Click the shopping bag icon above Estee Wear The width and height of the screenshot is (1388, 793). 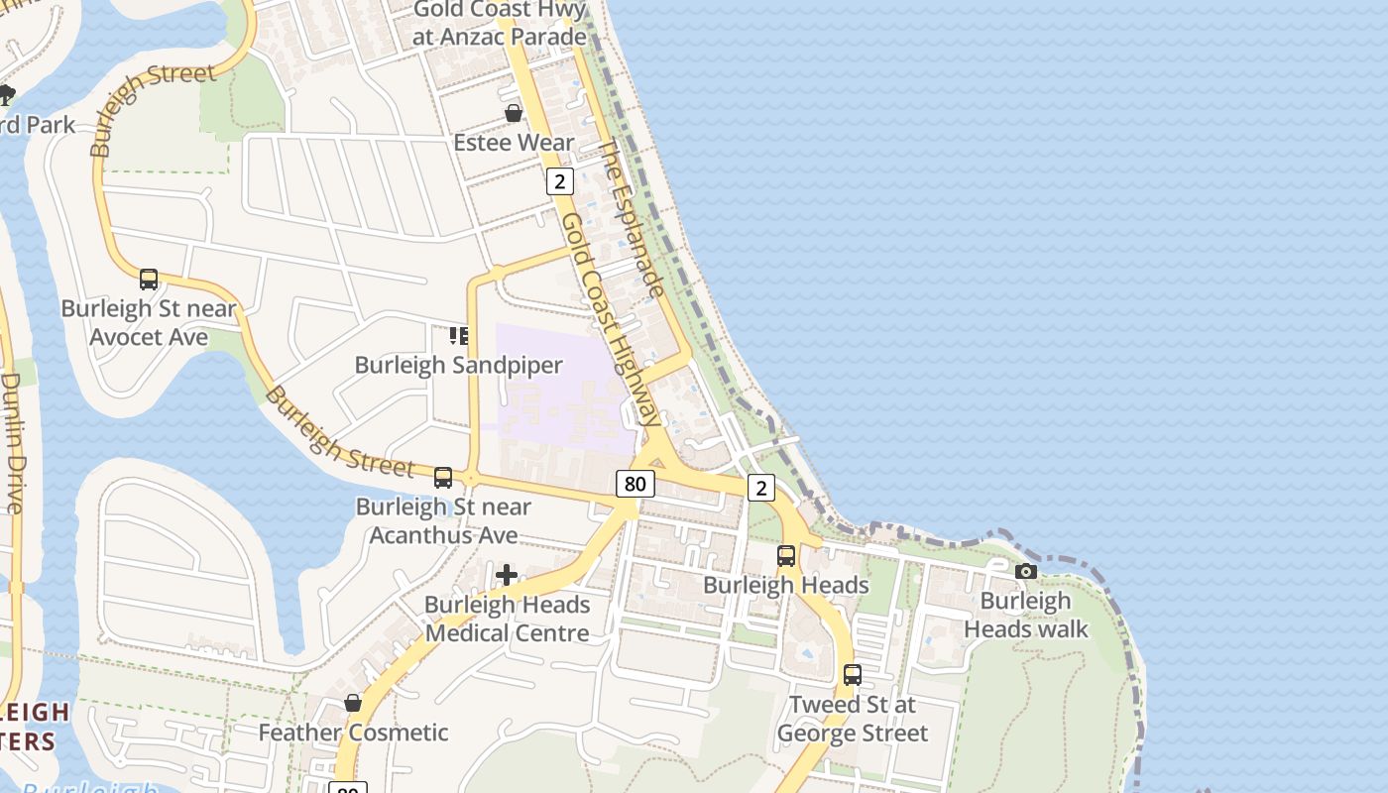click(x=514, y=113)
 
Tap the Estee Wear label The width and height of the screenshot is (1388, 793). click(x=514, y=143)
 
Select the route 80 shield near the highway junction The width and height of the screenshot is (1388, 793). click(x=635, y=484)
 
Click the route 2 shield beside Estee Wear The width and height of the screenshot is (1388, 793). click(x=560, y=181)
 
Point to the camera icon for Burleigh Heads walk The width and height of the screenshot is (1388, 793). click(x=1026, y=571)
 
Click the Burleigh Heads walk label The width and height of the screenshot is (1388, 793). click(x=1026, y=616)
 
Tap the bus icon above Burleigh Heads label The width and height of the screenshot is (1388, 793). click(x=786, y=556)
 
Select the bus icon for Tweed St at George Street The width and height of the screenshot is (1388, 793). click(x=852, y=675)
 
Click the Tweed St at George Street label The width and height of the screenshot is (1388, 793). click(x=853, y=719)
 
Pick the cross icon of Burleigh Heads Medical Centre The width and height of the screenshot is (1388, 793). click(x=507, y=575)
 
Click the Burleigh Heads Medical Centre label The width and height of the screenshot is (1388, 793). click(x=507, y=619)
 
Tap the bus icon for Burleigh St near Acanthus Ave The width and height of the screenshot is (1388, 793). click(x=443, y=478)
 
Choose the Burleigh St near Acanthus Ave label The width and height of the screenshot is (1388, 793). click(x=443, y=520)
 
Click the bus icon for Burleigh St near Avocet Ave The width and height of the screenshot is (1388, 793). click(x=149, y=280)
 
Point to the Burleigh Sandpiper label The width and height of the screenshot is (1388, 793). click(x=458, y=365)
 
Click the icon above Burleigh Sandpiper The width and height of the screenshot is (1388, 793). click(x=458, y=336)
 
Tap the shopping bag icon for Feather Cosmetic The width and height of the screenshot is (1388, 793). click(x=353, y=703)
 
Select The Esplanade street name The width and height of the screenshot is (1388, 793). click(x=631, y=219)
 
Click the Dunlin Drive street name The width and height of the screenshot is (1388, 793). click(x=12, y=441)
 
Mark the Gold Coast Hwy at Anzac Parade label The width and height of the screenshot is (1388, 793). click(x=501, y=23)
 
